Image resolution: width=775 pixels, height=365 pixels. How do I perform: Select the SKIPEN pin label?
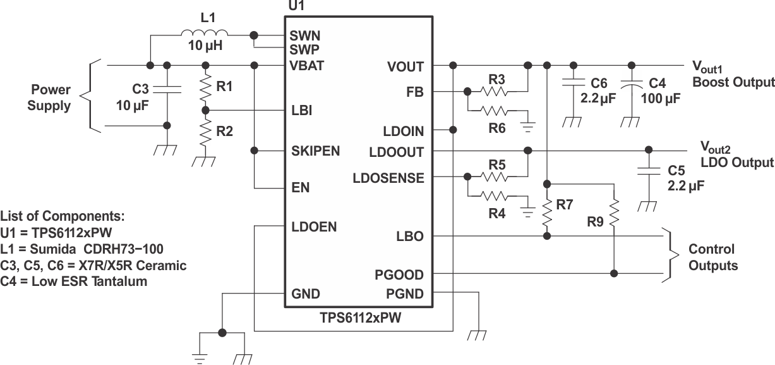tap(316, 151)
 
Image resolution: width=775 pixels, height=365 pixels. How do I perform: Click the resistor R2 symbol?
tap(205, 133)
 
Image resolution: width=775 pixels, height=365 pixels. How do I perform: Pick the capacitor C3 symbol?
tap(167, 87)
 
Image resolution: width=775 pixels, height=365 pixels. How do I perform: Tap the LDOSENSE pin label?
tap(388, 178)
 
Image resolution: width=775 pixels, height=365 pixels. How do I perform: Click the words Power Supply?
tap(49, 97)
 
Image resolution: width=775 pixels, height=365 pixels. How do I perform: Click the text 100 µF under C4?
tap(659, 98)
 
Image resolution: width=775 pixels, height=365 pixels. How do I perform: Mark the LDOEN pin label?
tap(314, 226)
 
